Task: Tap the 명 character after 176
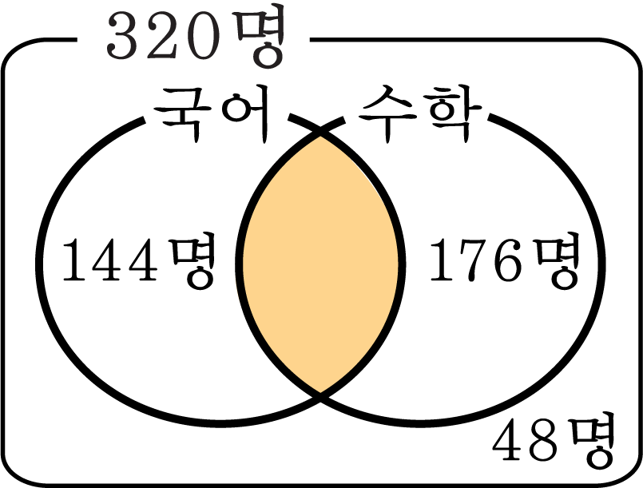(x=558, y=261)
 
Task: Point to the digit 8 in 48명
(x=545, y=439)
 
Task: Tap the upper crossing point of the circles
(x=320, y=131)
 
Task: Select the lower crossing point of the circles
(x=320, y=395)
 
